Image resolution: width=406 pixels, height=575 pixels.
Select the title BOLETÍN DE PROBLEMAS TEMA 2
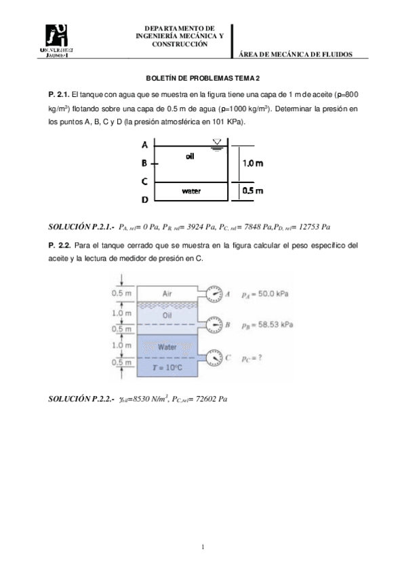[203, 78]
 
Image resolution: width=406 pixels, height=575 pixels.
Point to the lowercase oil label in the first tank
[190, 156]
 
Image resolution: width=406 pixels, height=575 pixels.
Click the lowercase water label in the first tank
[191, 191]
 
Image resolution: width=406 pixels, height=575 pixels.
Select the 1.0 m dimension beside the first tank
[253, 163]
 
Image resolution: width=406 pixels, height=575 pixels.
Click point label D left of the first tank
[145, 201]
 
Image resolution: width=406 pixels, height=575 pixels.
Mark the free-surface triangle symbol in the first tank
[217, 142]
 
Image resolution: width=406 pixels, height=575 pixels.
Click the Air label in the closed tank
[169, 294]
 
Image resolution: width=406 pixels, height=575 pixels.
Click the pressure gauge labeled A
[216, 294]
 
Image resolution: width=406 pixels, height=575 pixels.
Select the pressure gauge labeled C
[216, 356]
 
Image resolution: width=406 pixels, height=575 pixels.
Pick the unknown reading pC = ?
[251, 357]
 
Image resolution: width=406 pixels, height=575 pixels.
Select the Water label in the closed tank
[167, 347]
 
